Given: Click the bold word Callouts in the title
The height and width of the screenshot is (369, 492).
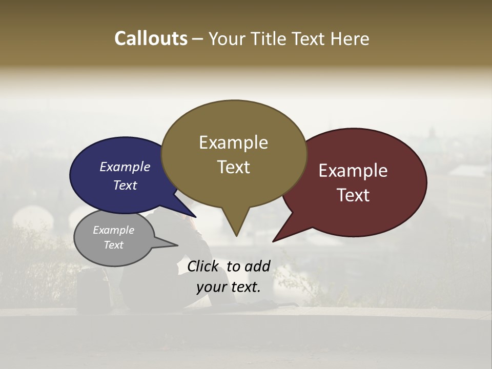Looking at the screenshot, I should pyautogui.click(x=151, y=38).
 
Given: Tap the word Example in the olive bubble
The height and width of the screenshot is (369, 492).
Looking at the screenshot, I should pyautogui.click(x=233, y=142).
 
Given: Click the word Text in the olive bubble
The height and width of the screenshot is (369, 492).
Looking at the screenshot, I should pyautogui.click(x=233, y=167).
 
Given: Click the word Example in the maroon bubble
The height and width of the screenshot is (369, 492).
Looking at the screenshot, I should pyautogui.click(x=353, y=171).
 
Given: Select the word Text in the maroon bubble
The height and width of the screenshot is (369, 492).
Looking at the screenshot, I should pyautogui.click(x=353, y=195).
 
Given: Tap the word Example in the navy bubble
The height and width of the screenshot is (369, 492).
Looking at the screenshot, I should pyautogui.click(x=125, y=167).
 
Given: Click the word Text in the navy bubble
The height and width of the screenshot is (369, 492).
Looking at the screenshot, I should pyautogui.click(x=125, y=185).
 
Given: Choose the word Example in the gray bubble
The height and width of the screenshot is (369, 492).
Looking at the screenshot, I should pyautogui.click(x=113, y=230).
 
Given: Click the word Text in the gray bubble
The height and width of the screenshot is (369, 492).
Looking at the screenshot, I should pyautogui.click(x=113, y=245).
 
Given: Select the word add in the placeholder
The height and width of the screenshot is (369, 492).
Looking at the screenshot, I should pyautogui.click(x=257, y=266).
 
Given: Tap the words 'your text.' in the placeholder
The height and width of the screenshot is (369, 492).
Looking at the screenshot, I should pyautogui.click(x=229, y=287).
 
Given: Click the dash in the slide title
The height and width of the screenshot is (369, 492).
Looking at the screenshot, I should pyautogui.click(x=198, y=39).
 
